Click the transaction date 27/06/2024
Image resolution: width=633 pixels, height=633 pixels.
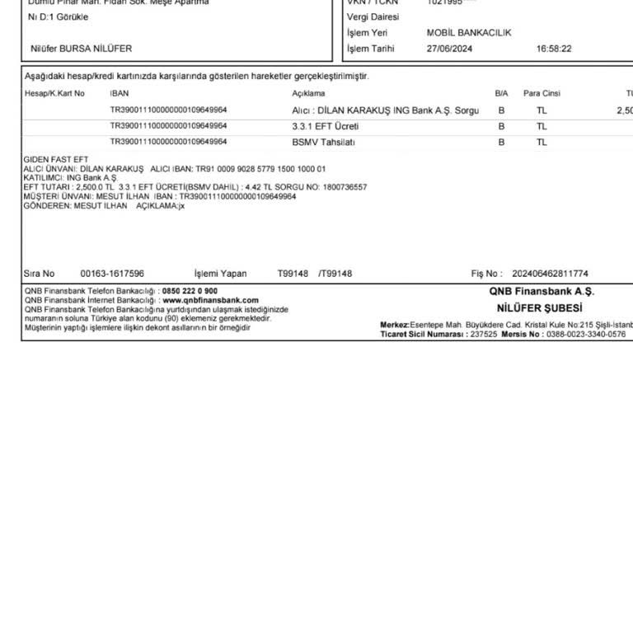(449, 49)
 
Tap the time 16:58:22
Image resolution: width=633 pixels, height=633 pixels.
(554, 49)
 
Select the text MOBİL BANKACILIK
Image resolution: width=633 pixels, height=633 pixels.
(469, 33)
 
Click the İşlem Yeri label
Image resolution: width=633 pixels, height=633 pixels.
(368, 33)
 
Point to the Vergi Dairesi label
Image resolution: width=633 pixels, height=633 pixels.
(373, 16)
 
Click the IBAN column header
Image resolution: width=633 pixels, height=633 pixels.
(120, 93)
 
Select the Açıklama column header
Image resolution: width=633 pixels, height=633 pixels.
(308, 93)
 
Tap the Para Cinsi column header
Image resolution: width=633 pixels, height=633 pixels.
(542, 93)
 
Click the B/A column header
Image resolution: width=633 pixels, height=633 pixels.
(501, 93)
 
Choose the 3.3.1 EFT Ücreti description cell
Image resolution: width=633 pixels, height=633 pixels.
(326, 126)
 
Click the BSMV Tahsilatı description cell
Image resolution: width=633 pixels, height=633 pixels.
(323, 142)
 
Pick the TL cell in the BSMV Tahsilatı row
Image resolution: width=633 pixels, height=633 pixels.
(542, 142)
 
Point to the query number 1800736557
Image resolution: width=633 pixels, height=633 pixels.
(345, 187)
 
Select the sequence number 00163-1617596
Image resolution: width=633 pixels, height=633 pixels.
(112, 274)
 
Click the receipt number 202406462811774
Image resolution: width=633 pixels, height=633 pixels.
(550, 274)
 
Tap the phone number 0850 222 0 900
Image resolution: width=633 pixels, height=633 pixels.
(190, 291)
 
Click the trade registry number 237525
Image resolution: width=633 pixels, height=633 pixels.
(483, 335)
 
